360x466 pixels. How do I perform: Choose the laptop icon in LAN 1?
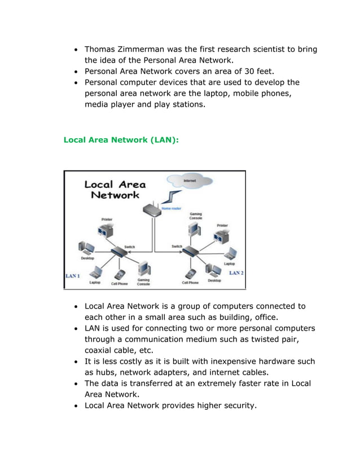point(96,273)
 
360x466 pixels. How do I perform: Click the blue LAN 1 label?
point(73,276)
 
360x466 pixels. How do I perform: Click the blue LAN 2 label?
point(236,272)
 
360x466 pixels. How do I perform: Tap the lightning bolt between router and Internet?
point(172,197)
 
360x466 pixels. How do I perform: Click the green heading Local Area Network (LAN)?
point(121,139)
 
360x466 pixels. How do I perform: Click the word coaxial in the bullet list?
point(100,350)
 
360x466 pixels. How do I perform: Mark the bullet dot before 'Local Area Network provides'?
point(76,406)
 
